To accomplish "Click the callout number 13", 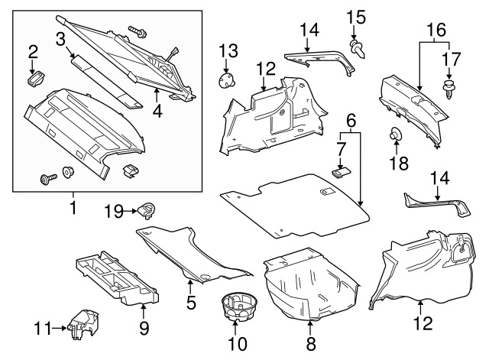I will pos(228,51).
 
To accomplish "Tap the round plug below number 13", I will pos(228,79).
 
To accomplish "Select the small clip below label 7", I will pos(343,170).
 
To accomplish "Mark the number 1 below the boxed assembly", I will pos(73,206).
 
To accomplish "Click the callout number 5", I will pos(190,303).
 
